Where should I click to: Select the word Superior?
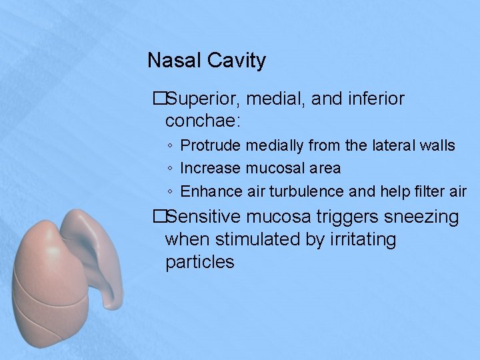205,99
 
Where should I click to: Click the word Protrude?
211,145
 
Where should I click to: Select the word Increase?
211,168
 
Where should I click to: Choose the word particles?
199,262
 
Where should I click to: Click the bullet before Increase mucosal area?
171,169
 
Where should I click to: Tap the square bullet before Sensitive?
159,217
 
